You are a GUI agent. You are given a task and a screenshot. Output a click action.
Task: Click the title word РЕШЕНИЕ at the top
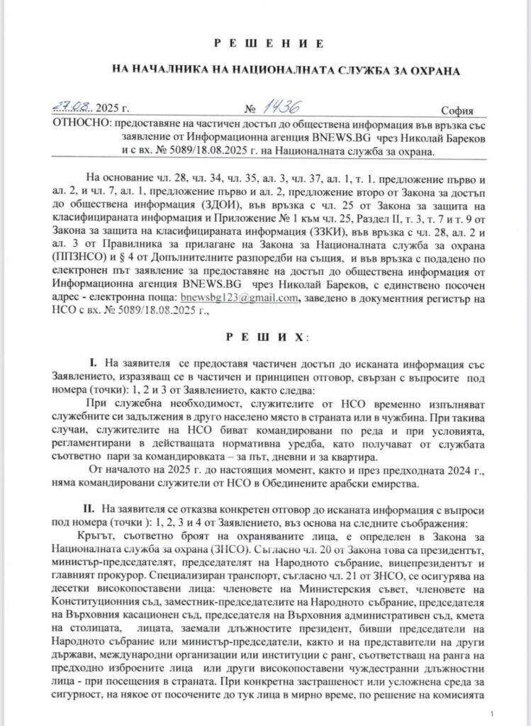click(265, 44)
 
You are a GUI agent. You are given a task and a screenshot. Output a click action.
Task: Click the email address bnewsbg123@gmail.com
click(238, 278)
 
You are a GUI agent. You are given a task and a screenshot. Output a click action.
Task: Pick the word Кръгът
click(108, 535)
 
